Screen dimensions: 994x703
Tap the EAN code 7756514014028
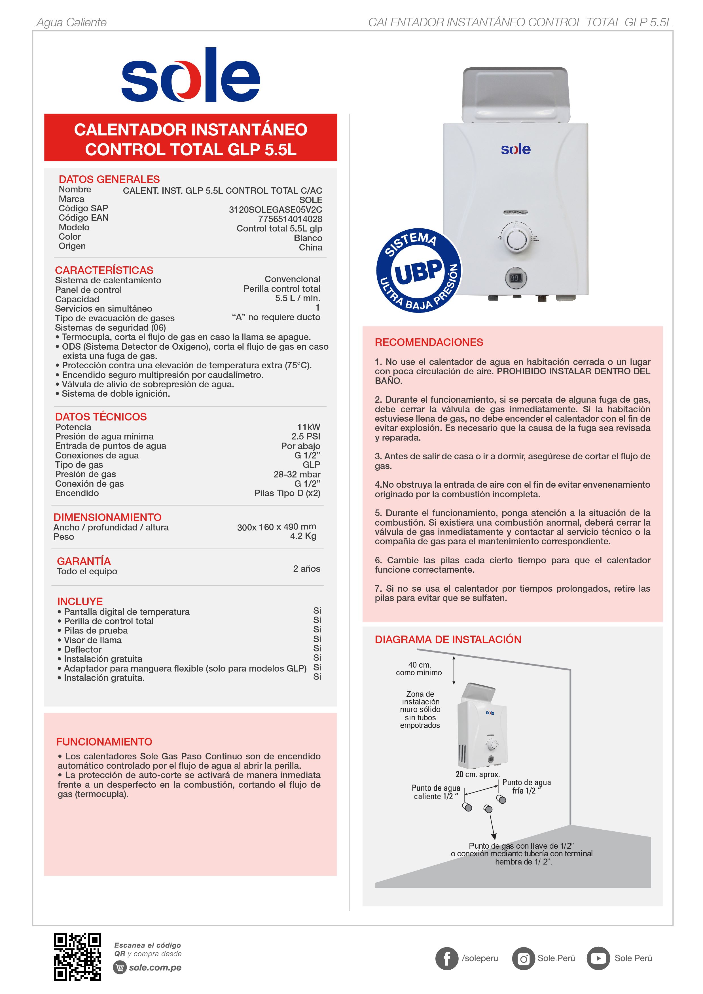290,219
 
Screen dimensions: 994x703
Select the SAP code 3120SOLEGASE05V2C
276,209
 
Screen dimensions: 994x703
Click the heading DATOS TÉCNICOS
101,417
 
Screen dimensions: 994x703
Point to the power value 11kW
308,427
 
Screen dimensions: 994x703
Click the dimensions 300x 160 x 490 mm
276,527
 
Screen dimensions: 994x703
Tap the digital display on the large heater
515,278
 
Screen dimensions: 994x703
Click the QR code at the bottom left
78,958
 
